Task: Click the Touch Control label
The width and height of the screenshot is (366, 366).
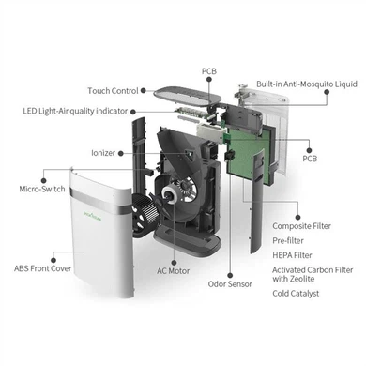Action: pyautogui.click(x=112, y=90)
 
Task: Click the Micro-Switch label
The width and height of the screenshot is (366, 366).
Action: pyautogui.click(x=42, y=189)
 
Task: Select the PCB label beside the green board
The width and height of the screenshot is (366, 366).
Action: pyautogui.click(x=310, y=159)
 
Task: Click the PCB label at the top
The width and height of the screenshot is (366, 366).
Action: pyautogui.click(x=210, y=70)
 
